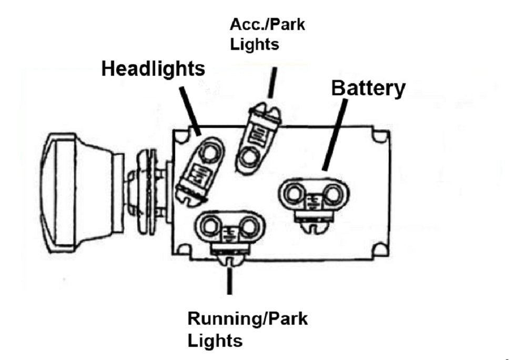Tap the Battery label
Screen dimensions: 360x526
368,88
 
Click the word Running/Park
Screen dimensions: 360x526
247,319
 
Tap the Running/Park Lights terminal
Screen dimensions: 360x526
229,229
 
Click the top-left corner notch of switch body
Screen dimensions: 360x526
181,136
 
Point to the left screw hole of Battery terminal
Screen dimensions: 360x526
294,195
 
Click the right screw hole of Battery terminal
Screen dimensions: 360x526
332,195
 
